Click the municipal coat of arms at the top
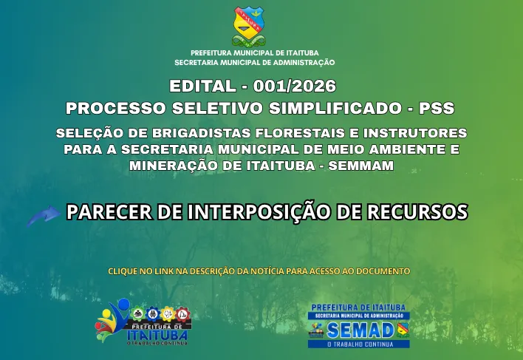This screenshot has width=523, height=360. (248, 27)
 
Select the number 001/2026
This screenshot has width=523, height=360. (295, 86)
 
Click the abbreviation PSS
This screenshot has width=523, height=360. (437, 108)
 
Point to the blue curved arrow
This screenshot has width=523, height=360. (44, 215)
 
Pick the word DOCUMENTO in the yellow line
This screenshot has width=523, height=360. (383, 271)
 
